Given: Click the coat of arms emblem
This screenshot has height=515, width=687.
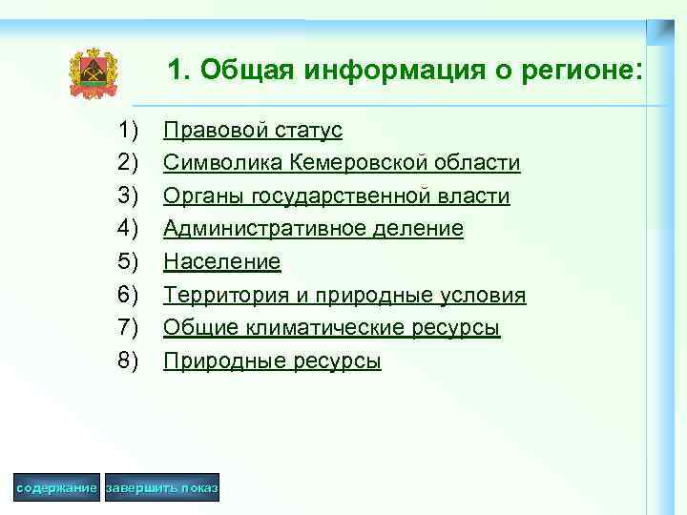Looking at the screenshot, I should (93, 73).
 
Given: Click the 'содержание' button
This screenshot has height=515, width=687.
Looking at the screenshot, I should (56, 488).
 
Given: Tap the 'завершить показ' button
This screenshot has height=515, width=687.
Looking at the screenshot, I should (162, 488).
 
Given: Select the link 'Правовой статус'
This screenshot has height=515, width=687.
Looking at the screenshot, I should (252, 130).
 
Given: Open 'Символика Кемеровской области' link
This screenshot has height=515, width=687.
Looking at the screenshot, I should (342, 163).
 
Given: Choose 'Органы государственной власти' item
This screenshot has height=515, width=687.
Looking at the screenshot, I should (336, 196).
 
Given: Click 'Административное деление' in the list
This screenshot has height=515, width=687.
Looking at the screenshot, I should (313, 229).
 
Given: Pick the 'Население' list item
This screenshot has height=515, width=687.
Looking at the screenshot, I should (221, 261).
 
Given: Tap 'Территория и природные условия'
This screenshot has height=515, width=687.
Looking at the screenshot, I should (343, 295).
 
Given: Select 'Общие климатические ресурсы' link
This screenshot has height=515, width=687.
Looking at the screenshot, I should (331, 327).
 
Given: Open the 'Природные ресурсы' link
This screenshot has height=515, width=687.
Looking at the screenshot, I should (272, 360).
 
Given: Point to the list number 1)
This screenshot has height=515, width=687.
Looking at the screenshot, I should (129, 130).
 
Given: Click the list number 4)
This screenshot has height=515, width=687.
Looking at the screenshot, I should (129, 229).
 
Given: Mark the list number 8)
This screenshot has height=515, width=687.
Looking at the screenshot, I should (129, 360).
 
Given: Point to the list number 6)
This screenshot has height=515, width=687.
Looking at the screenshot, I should (129, 295).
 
